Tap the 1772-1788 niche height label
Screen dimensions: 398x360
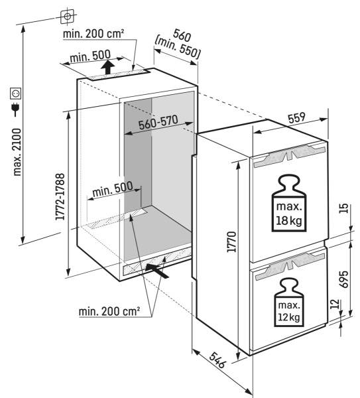[62, 192]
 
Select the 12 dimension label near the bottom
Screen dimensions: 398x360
[335, 306]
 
